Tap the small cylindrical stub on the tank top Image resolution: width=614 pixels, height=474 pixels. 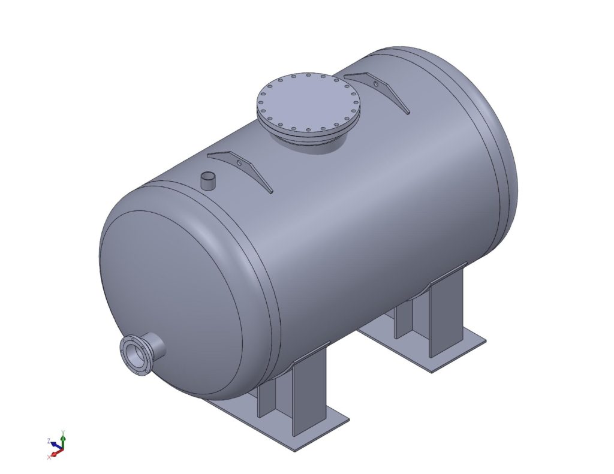pyautogui.click(x=208, y=180)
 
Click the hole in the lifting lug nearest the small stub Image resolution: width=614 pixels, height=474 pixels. pyautogui.click(x=240, y=164)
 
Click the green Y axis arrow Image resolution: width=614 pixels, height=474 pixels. pyautogui.click(x=62, y=440)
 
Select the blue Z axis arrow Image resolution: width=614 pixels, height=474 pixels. pyautogui.click(x=55, y=444)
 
